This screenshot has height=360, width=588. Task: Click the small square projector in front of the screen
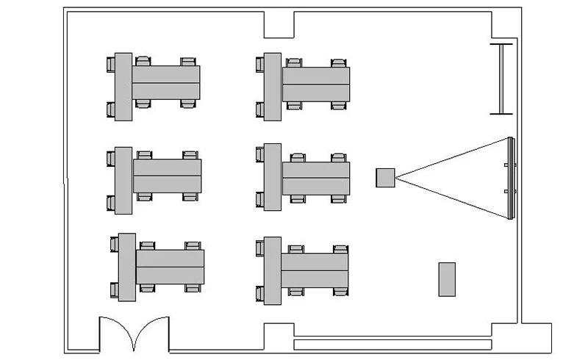point(385,177)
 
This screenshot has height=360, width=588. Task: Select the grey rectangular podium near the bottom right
point(447,279)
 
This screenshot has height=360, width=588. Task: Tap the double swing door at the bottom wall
point(135,334)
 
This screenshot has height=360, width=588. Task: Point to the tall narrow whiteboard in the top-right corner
point(502,79)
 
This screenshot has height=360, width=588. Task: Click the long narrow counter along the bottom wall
point(392,344)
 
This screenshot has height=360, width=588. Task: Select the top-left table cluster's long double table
point(166,82)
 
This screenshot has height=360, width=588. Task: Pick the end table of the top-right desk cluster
point(273,87)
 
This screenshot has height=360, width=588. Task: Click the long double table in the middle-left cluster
point(167,176)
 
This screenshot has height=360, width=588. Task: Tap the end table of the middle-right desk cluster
point(273,177)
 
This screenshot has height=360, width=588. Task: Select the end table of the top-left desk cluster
point(123,87)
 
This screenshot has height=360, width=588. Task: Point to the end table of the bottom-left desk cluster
point(126,267)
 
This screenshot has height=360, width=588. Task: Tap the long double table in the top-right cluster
point(315,84)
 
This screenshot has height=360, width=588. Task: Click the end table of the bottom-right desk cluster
point(273,270)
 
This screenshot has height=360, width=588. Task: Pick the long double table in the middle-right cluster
point(315,178)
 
